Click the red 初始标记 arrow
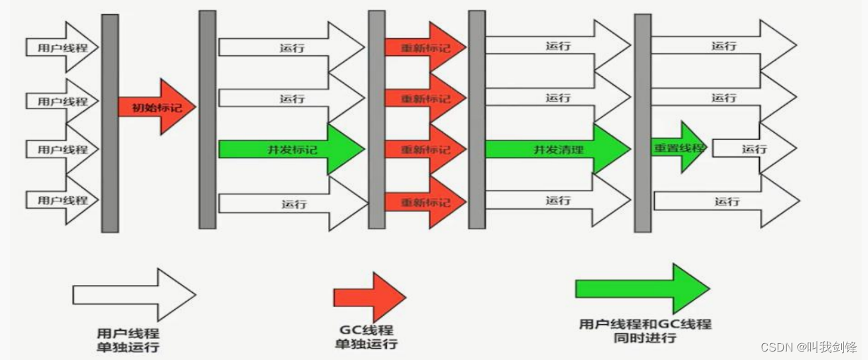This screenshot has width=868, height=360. click(x=155, y=107)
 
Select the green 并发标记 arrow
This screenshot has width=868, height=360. click(x=289, y=150)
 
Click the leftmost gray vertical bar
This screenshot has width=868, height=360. click(x=109, y=124)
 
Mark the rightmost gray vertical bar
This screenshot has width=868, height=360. click(x=642, y=124)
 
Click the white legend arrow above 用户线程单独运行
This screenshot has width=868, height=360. click(x=133, y=294)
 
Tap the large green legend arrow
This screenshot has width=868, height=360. click(x=642, y=289)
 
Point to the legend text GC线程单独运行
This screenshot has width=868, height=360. click(x=366, y=337)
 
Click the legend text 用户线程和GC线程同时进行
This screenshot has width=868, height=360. click(x=645, y=331)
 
